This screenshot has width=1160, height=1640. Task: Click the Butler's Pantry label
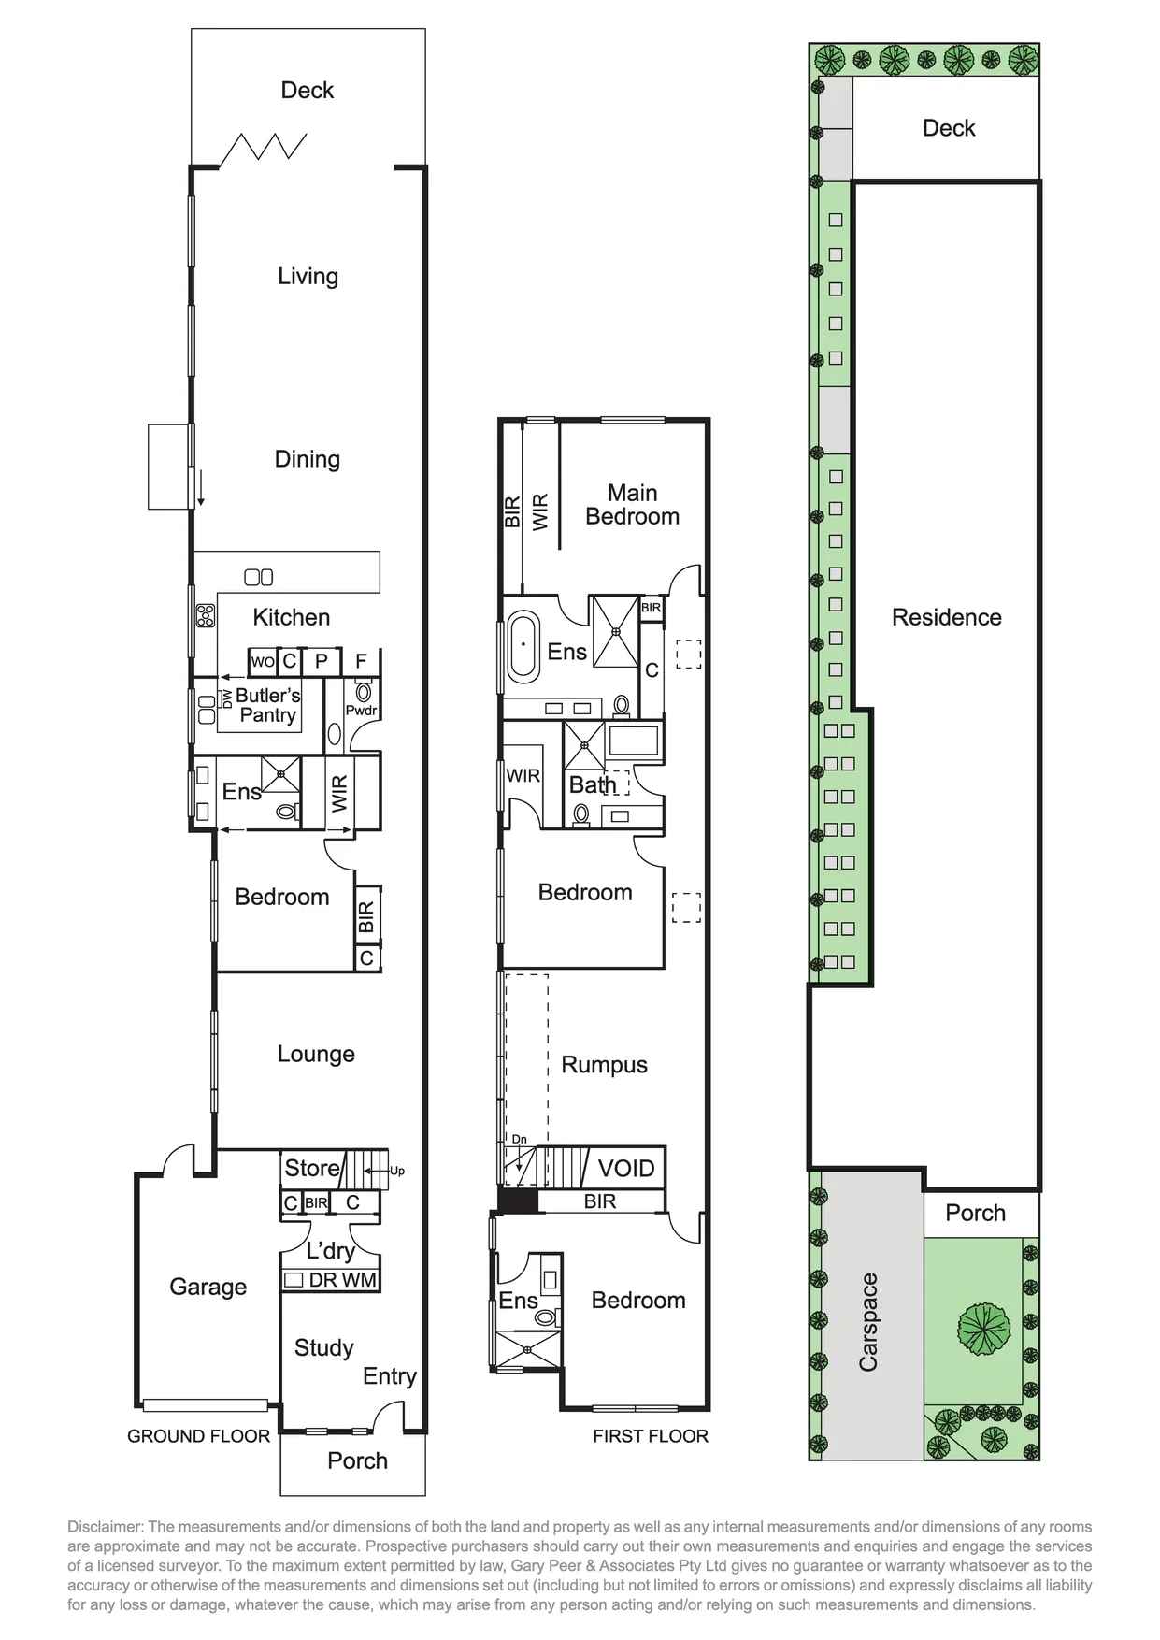(x=268, y=705)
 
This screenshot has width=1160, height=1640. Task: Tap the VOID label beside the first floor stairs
(x=626, y=1168)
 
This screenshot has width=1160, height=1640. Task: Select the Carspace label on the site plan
(x=868, y=1322)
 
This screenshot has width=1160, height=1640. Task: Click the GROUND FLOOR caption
(x=198, y=1436)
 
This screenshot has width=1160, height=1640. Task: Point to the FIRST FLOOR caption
(x=651, y=1436)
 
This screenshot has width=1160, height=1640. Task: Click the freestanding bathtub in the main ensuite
(x=523, y=645)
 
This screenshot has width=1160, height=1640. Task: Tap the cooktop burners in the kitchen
(x=205, y=616)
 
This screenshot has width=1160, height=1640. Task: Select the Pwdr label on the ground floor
(x=361, y=711)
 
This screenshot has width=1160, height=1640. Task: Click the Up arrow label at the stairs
(x=397, y=1171)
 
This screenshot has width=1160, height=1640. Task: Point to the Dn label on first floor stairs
(x=519, y=1139)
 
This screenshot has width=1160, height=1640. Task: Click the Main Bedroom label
(x=633, y=505)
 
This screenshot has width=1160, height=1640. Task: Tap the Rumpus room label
(x=604, y=1065)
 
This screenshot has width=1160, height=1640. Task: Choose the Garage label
(x=208, y=1287)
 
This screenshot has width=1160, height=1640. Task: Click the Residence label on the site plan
(x=947, y=617)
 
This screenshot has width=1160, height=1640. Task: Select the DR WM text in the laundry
(x=343, y=1280)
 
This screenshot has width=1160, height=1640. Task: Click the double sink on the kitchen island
(x=259, y=577)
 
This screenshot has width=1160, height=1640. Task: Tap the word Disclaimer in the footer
(x=104, y=1527)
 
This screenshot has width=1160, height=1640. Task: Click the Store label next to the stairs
(x=312, y=1168)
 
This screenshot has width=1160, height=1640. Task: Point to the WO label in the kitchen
(x=263, y=662)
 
